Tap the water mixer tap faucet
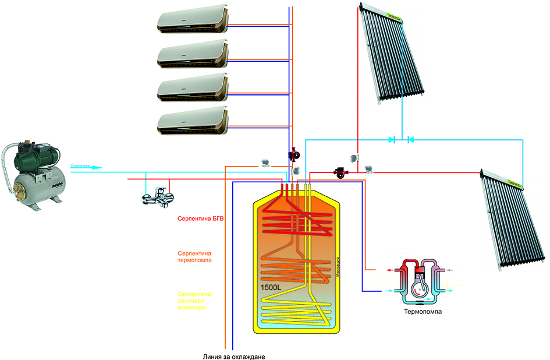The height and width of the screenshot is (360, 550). click(158, 198)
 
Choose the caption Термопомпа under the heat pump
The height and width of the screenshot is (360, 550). click(423, 312)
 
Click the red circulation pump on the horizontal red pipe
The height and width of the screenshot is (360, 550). click(339, 172)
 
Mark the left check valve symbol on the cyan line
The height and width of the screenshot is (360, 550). click(392, 140)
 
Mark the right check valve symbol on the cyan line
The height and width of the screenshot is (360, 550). click(410, 140)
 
